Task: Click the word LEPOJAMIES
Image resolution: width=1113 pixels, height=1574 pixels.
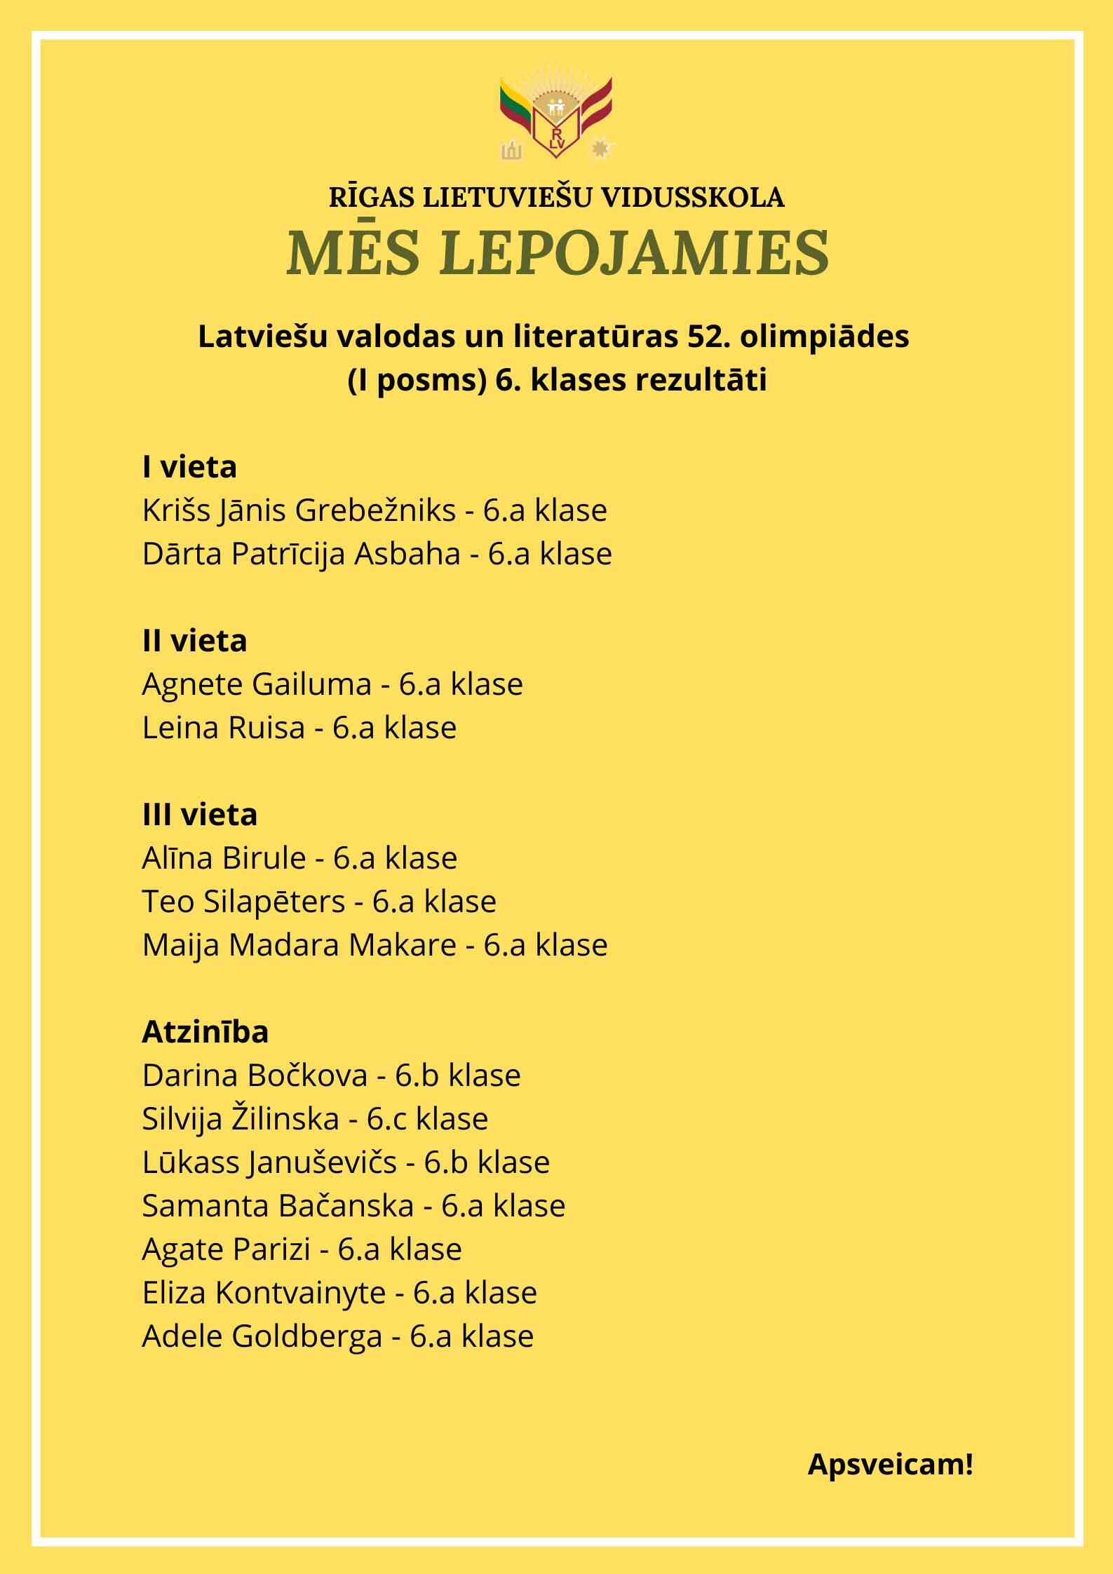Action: tap(636, 252)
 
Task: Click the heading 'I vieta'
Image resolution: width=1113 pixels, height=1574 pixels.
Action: tap(189, 467)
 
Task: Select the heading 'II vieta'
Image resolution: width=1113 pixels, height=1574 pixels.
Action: tap(194, 641)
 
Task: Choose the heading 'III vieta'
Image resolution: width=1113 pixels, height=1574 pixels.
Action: tap(199, 815)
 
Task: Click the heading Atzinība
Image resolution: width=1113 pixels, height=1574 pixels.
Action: tap(205, 1032)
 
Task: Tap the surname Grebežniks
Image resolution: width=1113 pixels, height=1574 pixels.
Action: tap(375, 511)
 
